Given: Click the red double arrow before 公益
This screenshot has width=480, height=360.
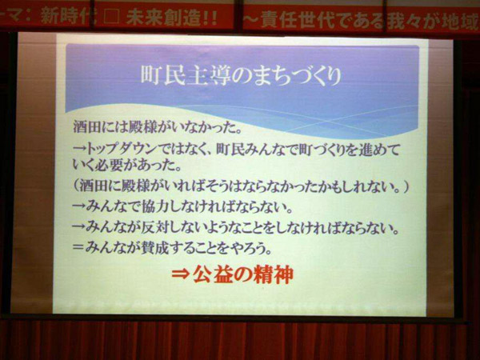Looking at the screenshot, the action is click(181, 274).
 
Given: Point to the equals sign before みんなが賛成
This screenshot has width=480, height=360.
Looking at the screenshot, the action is click(78, 247).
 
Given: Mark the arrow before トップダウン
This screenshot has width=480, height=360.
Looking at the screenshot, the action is click(79, 150).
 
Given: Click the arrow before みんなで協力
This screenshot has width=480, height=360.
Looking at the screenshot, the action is click(79, 208).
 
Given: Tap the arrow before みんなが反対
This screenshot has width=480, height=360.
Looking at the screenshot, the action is click(79, 228).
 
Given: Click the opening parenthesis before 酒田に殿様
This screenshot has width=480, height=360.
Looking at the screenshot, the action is click(77, 186).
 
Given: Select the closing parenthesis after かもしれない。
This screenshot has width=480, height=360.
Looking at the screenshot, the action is click(406, 186).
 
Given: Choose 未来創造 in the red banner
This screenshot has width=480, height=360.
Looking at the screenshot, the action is click(157, 17).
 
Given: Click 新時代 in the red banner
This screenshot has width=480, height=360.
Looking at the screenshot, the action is click(65, 17).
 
